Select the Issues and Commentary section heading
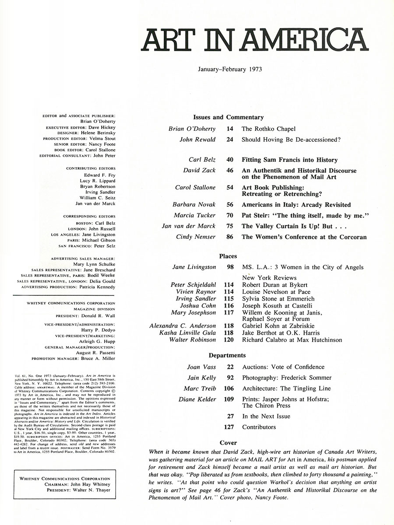pyautogui.click(x=228, y=117)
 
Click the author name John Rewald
pyautogui.click(x=197, y=140)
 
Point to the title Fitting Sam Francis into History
pyautogui.click(x=289, y=160)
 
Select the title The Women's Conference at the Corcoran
pyautogui.click(x=304, y=237)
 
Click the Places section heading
pyautogui.click(x=228, y=256)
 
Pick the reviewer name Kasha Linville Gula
pyautogui.click(x=188, y=333)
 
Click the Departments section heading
pyautogui.click(x=227, y=355)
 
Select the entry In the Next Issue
pyautogui.click(x=266, y=416)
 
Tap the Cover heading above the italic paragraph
pyautogui.click(x=229, y=443)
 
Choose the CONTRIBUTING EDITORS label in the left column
pyautogui.click(x=91, y=168)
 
